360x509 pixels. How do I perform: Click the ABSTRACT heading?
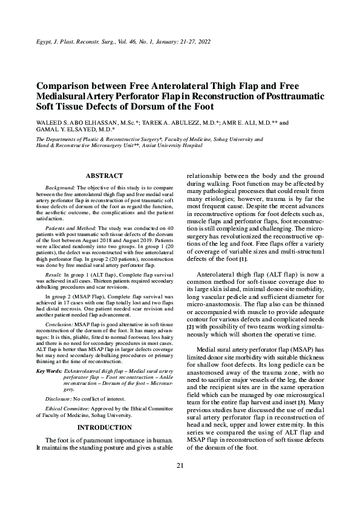point(105,175)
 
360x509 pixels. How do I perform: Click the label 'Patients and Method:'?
point(65,228)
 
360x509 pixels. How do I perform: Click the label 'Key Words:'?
point(49,370)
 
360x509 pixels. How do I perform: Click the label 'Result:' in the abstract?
point(54,275)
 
